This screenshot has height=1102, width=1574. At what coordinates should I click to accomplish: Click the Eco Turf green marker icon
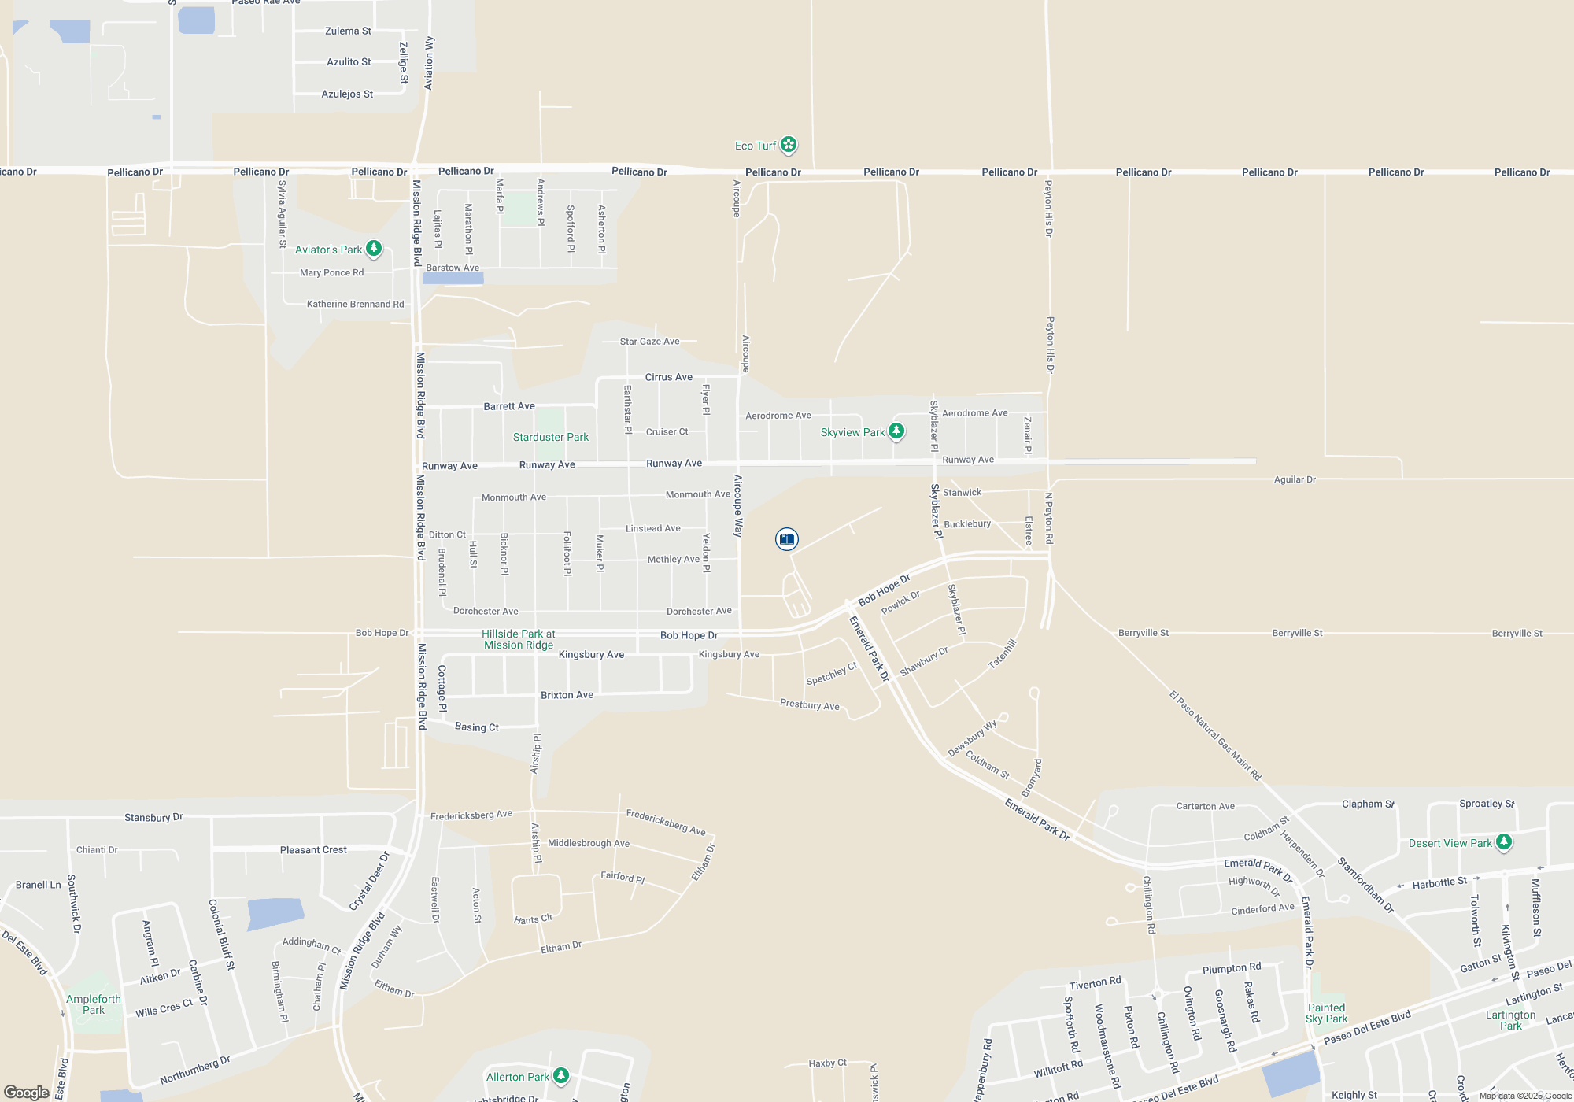(789, 145)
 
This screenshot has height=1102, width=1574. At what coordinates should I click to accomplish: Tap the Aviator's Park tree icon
(374, 249)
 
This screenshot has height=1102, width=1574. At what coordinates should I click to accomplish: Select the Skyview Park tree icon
(896, 431)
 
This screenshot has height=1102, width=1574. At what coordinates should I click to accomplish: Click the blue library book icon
(786, 539)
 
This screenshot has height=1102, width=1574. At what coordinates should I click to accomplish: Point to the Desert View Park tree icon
(1504, 842)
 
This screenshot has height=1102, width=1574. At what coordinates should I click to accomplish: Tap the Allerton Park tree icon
(561, 1075)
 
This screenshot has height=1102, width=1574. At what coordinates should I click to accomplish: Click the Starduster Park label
(550, 437)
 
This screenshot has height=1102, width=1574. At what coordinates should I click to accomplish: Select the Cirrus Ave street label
(669, 377)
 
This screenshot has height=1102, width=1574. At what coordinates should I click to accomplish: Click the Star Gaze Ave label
(649, 342)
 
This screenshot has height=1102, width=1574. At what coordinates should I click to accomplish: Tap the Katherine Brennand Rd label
(355, 304)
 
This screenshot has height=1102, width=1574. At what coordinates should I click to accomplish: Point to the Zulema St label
(348, 31)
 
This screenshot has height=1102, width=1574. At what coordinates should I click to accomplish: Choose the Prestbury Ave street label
(809, 704)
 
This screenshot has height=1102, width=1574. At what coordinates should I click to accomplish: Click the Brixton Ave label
(567, 695)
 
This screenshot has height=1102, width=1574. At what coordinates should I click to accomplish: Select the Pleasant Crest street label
(313, 849)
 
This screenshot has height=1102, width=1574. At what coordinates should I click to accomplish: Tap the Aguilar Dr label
(1295, 479)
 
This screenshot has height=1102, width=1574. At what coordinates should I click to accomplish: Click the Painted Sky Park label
(1326, 1013)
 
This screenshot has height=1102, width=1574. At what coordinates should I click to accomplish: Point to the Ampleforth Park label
(94, 1004)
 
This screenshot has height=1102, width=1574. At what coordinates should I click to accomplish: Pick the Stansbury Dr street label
(153, 817)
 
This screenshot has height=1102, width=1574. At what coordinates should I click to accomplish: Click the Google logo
(27, 1092)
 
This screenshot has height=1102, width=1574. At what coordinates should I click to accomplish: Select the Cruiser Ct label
(667, 431)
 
